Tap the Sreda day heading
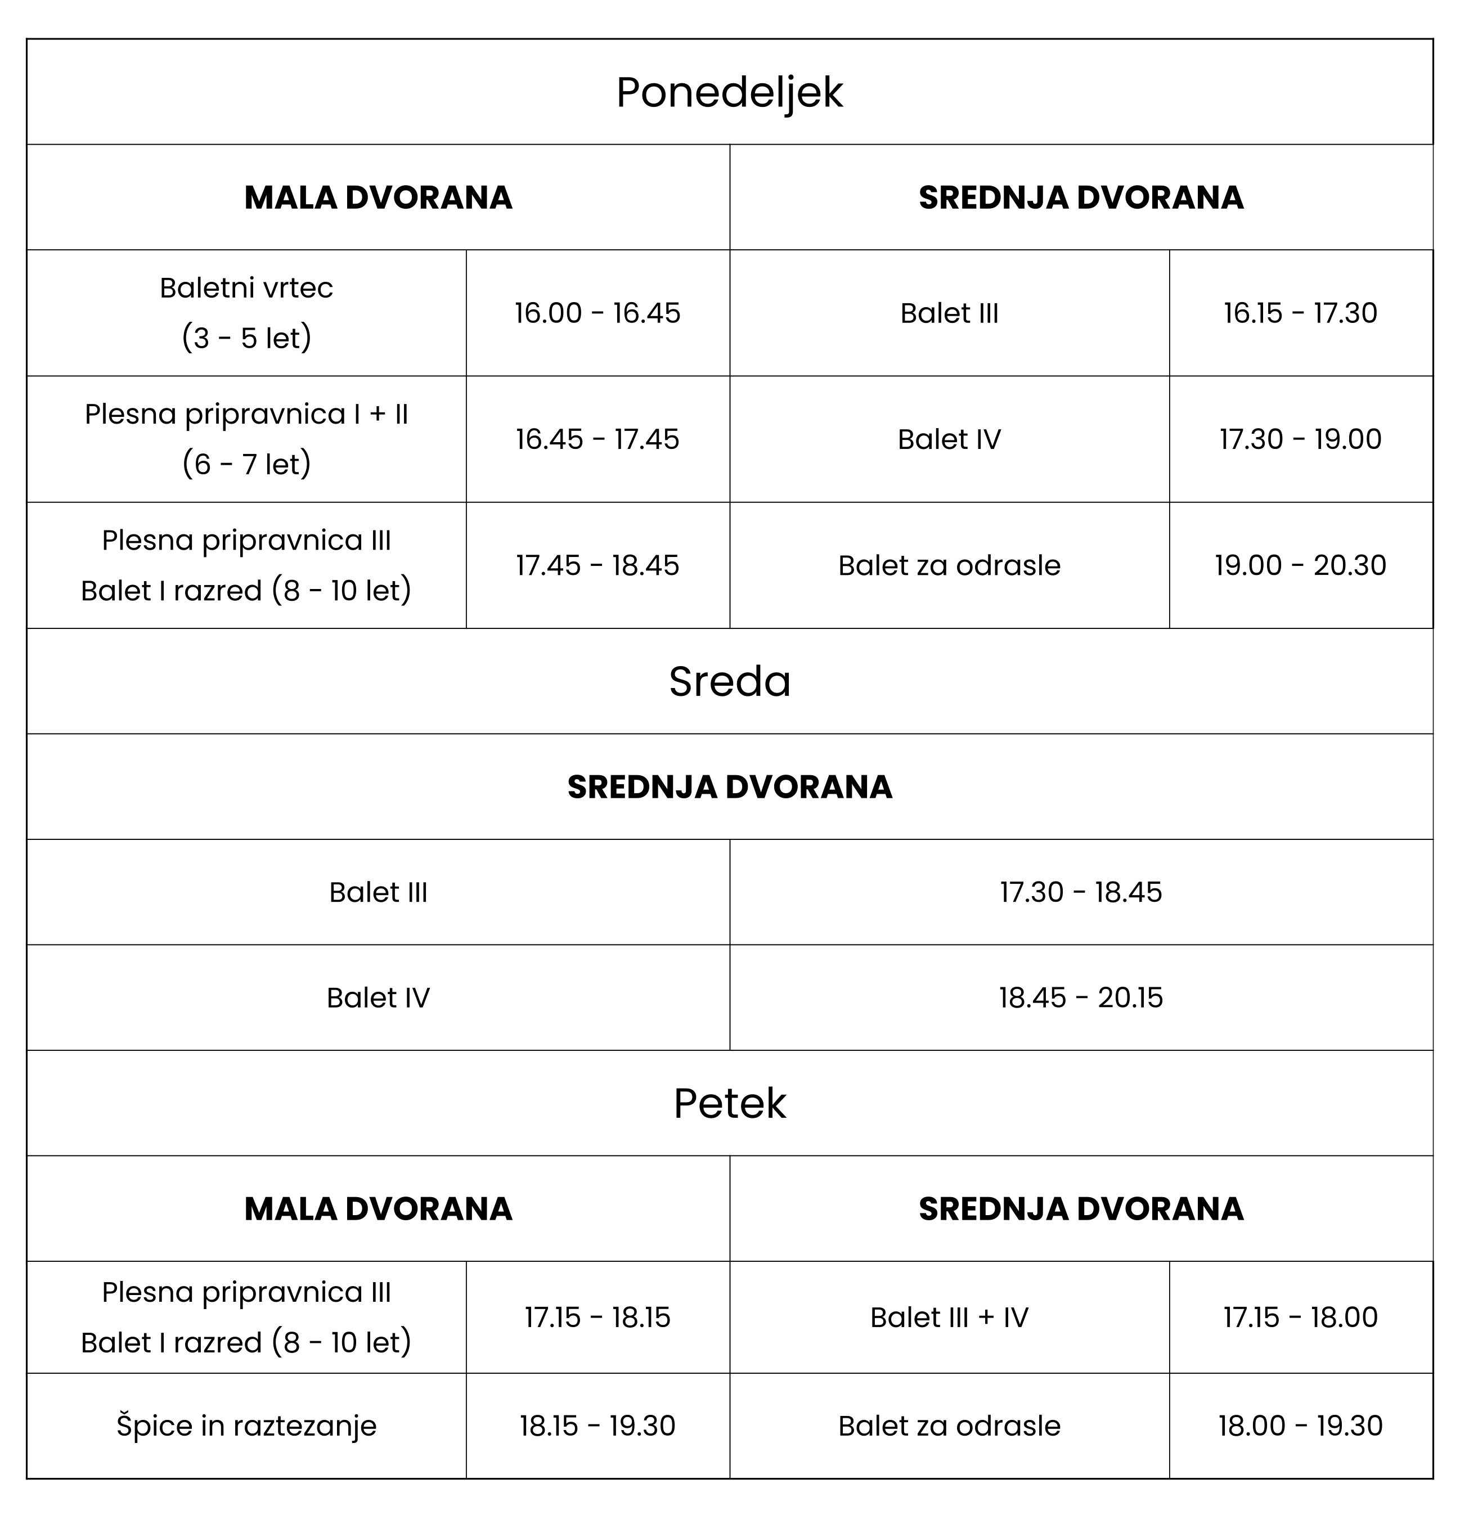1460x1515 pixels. (730, 682)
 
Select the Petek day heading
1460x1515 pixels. (730, 1103)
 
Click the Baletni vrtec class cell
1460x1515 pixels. (246, 312)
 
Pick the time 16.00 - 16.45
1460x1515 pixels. (598, 313)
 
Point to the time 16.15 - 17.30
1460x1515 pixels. (1300, 313)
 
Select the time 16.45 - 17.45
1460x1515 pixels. (598, 439)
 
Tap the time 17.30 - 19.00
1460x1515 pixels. (1300, 439)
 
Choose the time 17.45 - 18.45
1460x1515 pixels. (598, 565)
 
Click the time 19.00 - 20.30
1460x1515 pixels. (1300, 565)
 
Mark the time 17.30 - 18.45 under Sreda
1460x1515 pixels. (1080, 892)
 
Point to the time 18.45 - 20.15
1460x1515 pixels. (1080, 997)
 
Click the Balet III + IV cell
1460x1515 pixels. (949, 1317)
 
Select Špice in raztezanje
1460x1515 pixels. (246, 1426)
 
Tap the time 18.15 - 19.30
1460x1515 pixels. (598, 1426)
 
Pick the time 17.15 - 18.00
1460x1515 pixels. (1300, 1317)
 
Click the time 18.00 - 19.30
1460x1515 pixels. (1300, 1426)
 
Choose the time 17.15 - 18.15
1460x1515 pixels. (598, 1317)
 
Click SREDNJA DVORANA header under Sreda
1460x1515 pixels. (730, 787)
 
